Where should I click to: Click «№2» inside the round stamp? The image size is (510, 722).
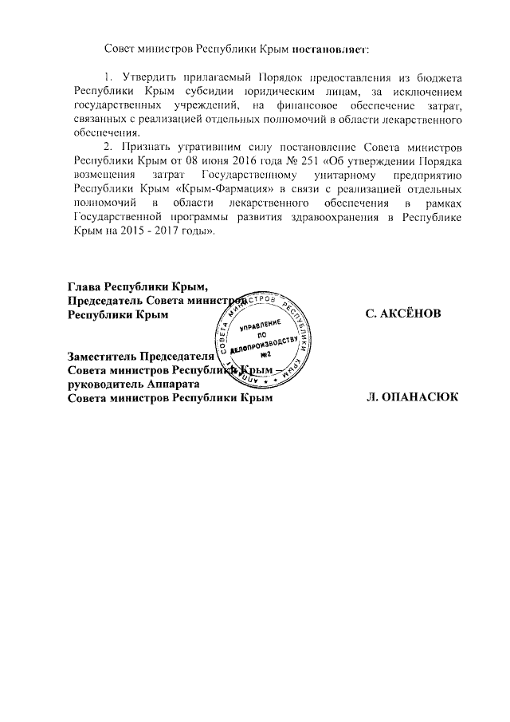267,354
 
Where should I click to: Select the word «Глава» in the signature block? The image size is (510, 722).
86,286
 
